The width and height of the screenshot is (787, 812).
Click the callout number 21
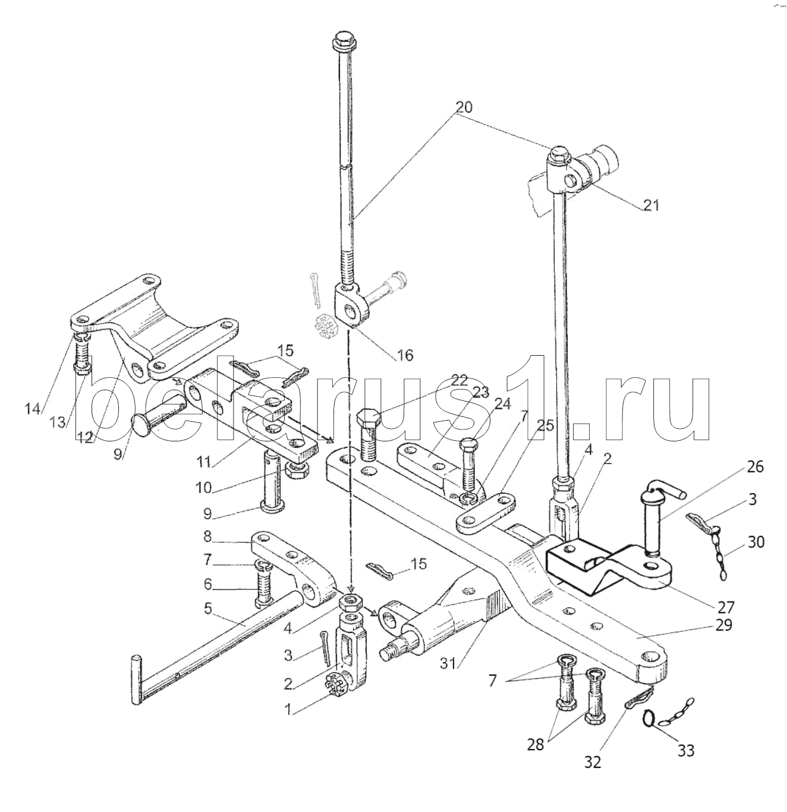point(651,205)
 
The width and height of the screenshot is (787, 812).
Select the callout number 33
point(686,751)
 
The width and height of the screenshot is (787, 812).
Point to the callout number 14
point(33,409)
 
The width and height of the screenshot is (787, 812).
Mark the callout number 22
point(459,380)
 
